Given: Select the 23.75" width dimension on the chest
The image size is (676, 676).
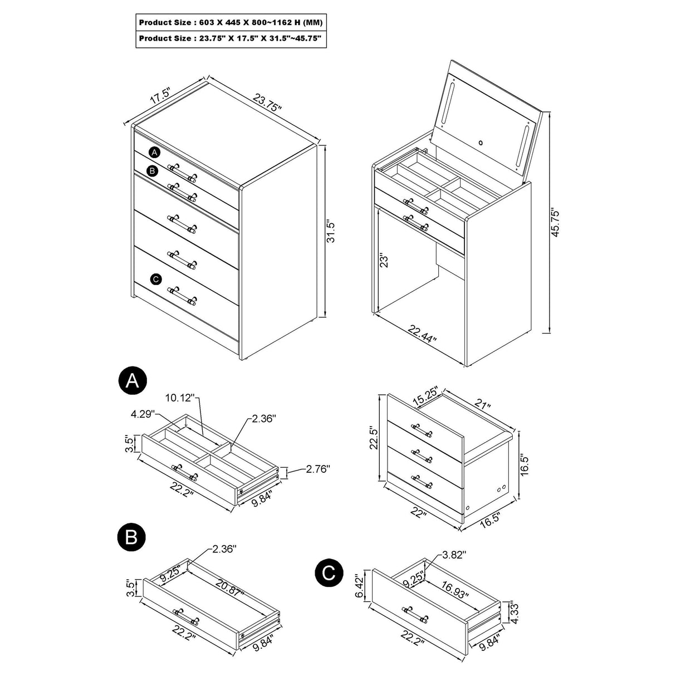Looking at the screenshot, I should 268,102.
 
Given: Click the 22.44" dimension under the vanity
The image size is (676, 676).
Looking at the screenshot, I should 422,335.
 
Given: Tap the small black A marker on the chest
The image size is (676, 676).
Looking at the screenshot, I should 154,152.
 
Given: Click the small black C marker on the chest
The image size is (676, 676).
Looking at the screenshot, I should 156,279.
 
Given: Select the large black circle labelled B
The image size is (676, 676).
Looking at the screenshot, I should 132,537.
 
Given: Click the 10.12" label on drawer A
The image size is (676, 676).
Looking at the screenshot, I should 179,398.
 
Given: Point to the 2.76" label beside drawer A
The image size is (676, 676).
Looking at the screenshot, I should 317,470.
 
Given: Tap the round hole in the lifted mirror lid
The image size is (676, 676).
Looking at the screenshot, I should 481,143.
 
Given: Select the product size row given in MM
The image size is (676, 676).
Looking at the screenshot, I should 231,23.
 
